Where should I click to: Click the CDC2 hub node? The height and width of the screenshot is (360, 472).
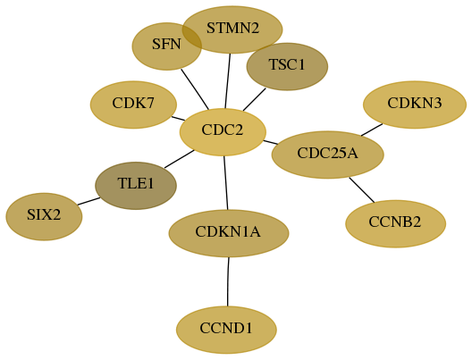point(223,132)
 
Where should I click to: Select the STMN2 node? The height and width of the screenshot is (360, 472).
point(232,29)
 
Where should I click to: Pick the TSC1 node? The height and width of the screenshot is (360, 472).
point(287,66)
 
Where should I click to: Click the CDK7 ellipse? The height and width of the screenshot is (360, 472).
point(133,105)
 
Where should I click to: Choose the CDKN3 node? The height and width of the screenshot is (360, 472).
point(415,105)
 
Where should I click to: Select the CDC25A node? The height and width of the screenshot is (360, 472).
point(327,155)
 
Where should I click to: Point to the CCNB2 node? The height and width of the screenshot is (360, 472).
point(395,223)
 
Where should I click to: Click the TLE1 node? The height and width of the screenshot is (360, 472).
point(136,186)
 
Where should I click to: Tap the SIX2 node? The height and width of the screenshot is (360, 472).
point(44,216)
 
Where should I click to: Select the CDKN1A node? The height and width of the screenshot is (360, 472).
point(229,233)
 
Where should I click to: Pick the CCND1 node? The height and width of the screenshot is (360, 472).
point(226,330)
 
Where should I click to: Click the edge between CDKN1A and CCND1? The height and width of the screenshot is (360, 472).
point(228,281)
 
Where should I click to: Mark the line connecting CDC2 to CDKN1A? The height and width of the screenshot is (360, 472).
point(226,183)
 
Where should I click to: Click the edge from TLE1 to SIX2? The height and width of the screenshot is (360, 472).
point(88,201)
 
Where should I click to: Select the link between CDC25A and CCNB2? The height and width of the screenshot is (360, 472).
point(361,190)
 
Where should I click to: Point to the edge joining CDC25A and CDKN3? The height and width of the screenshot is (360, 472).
point(372,130)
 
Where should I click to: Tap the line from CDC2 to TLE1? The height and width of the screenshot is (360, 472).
point(179,159)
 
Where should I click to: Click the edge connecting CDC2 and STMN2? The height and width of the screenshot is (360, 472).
point(228,81)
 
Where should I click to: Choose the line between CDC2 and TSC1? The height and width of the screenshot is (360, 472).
point(255,99)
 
